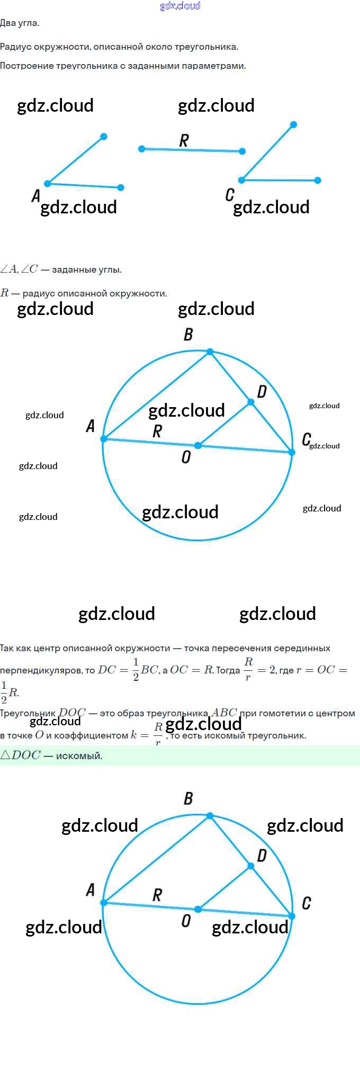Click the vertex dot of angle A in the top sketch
pyautogui.click(x=48, y=184)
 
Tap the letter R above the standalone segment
pyautogui.click(x=184, y=140)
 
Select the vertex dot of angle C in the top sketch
pyautogui.click(x=241, y=180)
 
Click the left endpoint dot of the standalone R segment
pyautogui.click(x=141, y=149)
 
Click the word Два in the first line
pyautogui.click(x=8, y=23)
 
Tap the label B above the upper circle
pyautogui.click(x=188, y=335)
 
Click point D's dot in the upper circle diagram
pyautogui.click(x=251, y=402)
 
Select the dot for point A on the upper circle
pyautogui.click(x=104, y=439)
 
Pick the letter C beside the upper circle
pyautogui.click(x=306, y=439)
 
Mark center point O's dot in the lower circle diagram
pyautogui.click(x=198, y=909)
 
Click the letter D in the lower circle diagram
pyautogui.click(x=262, y=855)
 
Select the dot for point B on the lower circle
pyautogui.click(x=210, y=816)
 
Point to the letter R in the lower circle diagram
pyautogui.click(x=157, y=895)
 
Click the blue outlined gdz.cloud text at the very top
pyautogui.click(x=180, y=6)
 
